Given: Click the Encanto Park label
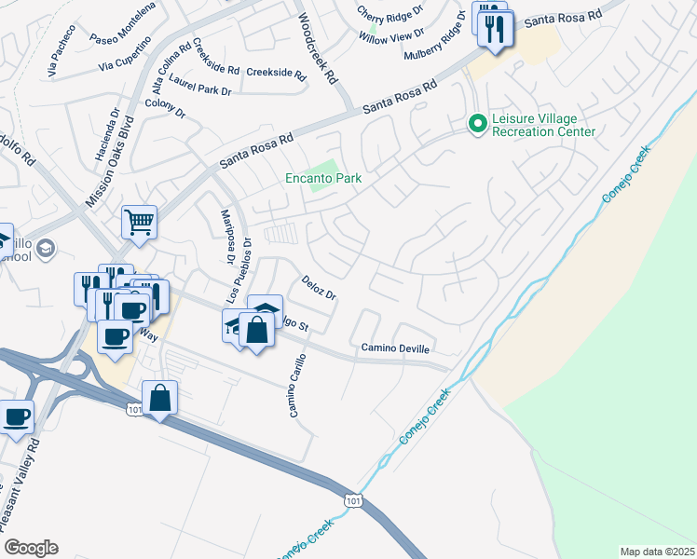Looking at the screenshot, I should [322, 178].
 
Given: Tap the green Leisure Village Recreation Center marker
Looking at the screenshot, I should [477, 123].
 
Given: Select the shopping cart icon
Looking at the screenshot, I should [139, 223].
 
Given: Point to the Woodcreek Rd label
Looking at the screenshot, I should [316, 49].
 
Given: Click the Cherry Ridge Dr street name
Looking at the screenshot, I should [390, 14].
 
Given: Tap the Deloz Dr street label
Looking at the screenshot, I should [318, 288].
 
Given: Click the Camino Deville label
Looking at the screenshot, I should [396, 348].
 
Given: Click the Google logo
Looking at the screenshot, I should [31, 548].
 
